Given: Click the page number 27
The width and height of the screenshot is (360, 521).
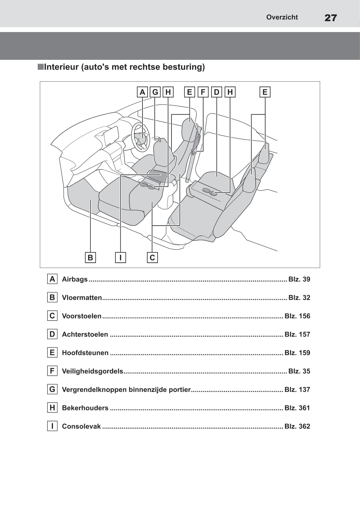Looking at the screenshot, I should click(330, 18).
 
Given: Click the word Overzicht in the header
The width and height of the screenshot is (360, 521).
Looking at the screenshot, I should click(282, 17).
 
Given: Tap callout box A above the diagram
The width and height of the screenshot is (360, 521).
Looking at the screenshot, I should click(142, 92).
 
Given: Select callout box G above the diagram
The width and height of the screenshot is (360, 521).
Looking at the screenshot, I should click(155, 92).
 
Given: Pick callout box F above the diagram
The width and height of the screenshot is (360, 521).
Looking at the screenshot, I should click(203, 92).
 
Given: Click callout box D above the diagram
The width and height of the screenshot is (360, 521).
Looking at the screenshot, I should click(217, 92).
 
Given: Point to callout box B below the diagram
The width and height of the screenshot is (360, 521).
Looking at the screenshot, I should click(90, 257).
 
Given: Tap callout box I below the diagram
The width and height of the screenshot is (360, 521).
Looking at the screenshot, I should click(120, 257).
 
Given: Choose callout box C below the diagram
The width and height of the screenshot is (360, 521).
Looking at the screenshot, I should click(152, 257).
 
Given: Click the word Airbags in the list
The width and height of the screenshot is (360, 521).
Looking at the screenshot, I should click(75, 279).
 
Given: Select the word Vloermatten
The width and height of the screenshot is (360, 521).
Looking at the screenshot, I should click(82, 298).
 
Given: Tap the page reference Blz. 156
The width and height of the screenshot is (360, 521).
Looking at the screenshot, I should click(297, 316).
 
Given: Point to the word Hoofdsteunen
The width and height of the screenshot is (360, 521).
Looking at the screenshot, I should click(85, 353).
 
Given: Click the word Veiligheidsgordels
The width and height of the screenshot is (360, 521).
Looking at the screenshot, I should click(92, 371).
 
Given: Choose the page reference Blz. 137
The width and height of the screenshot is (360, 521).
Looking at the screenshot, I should click(297, 390).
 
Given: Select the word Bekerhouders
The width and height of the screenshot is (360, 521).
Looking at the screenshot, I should click(85, 408).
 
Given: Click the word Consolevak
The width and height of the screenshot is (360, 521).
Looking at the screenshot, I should click(81, 426).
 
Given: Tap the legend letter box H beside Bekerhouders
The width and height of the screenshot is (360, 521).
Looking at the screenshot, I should click(52, 408).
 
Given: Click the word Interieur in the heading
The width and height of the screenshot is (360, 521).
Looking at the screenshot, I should click(61, 67).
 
